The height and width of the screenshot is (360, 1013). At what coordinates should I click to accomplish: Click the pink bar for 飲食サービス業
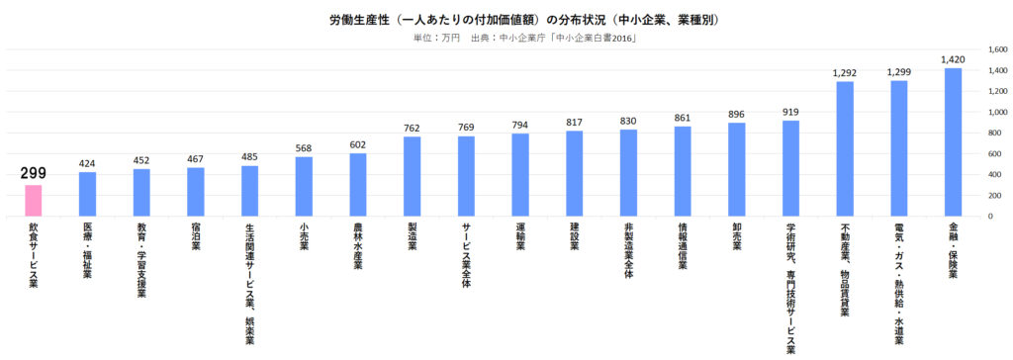tap(34, 201)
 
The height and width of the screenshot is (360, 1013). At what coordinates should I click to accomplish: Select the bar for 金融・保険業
tap(953, 142)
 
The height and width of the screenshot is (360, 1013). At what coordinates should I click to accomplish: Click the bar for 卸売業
tap(737, 169)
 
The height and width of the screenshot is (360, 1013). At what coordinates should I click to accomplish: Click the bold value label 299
tap(34, 173)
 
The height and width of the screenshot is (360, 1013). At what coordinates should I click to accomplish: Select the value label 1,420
tap(953, 59)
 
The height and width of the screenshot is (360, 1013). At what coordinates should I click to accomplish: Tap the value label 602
tap(358, 145)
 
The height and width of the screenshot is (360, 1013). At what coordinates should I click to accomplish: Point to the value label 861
tap(683, 118)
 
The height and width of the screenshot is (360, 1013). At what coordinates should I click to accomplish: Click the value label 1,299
tap(899, 72)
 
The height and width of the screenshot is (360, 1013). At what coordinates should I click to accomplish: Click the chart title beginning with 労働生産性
tap(524, 19)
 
